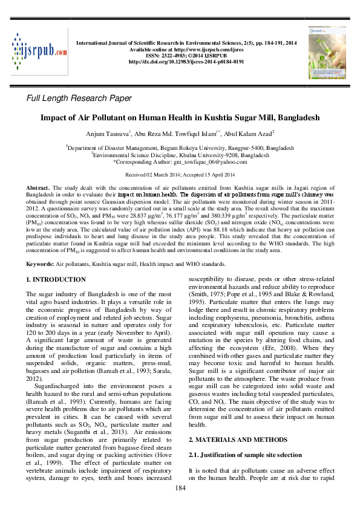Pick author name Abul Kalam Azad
click(x=249, y=133)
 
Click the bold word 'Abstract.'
click(x=38, y=189)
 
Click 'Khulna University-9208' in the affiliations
click(x=208, y=155)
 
